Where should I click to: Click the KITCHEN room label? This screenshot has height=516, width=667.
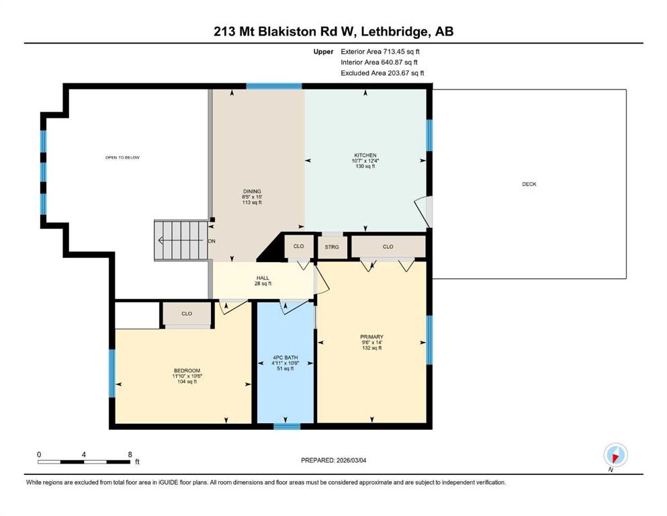365,155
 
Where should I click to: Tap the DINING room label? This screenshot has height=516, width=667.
252,191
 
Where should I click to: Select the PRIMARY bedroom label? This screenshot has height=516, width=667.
371,337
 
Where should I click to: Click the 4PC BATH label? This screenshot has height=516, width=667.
285,357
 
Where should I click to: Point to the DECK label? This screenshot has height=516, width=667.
529,184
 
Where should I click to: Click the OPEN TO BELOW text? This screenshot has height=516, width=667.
122,157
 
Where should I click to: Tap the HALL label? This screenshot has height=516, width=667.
263,277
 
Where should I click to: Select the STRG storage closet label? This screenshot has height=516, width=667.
332,247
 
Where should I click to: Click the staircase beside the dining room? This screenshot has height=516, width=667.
181,241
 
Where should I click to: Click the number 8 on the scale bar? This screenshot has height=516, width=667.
130,454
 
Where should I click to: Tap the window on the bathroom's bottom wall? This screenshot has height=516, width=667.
287,426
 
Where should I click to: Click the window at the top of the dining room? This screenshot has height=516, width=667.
274,86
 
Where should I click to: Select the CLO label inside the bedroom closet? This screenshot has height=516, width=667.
187,314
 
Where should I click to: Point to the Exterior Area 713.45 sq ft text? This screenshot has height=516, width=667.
380,52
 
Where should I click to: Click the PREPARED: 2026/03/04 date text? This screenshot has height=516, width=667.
333,460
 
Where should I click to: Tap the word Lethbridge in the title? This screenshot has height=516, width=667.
395,32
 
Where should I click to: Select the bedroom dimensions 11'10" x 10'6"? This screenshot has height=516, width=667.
187,376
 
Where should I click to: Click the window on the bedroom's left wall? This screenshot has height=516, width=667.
112,374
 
